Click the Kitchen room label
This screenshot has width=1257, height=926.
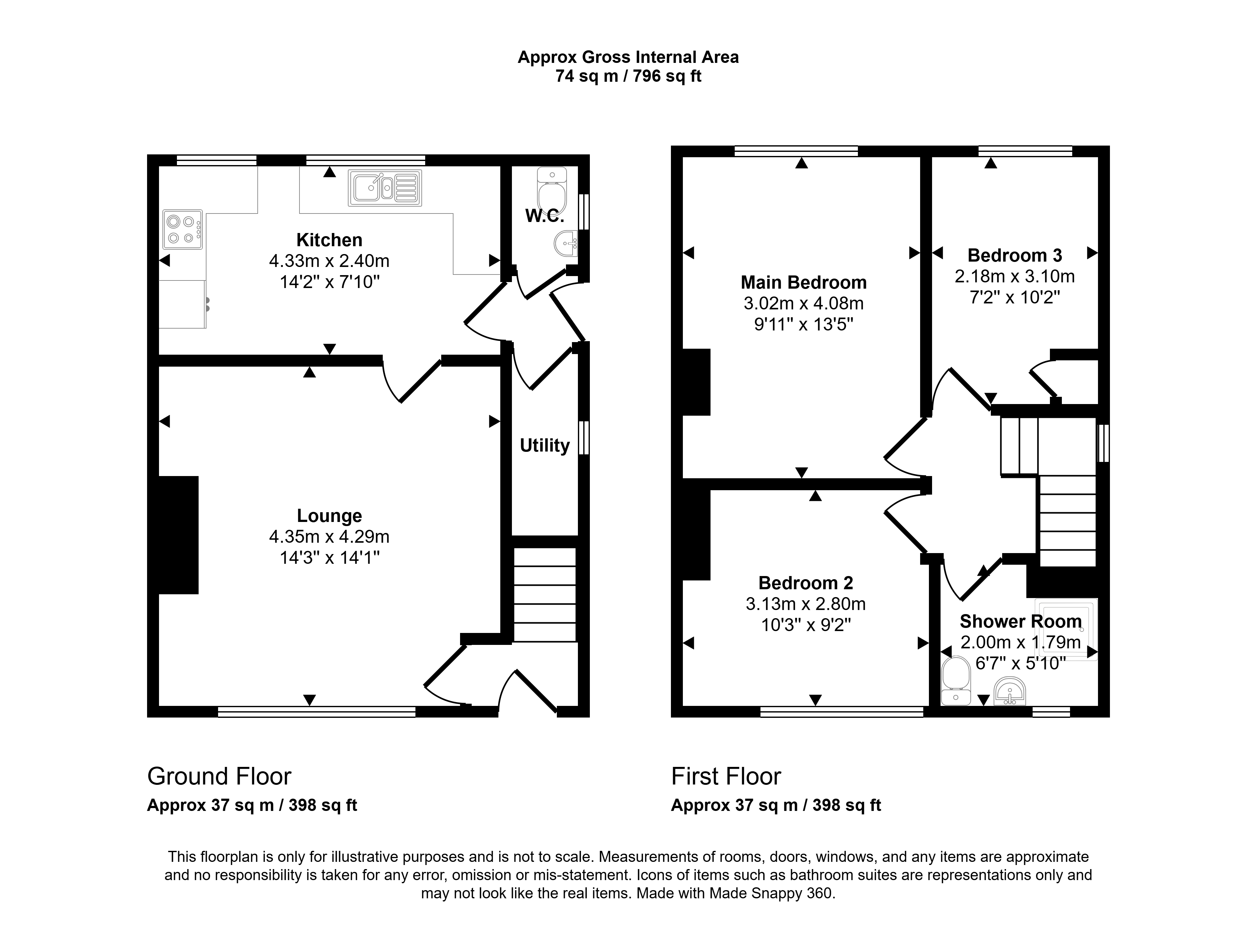[x=329, y=240]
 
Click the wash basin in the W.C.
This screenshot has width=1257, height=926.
[x=566, y=244]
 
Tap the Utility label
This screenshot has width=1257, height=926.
[x=545, y=446]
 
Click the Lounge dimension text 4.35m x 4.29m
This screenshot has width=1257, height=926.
[x=329, y=537]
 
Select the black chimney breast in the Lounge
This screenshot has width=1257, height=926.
[x=178, y=535]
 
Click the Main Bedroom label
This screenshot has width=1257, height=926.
[x=804, y=282]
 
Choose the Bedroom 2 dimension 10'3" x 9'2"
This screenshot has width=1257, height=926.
[x=806, y=625]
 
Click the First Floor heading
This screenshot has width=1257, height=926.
[x=726, y=776]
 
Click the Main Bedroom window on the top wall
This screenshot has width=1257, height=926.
[x=796, y=151]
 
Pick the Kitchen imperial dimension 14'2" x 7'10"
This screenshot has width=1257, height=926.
[x=329, y=282]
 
